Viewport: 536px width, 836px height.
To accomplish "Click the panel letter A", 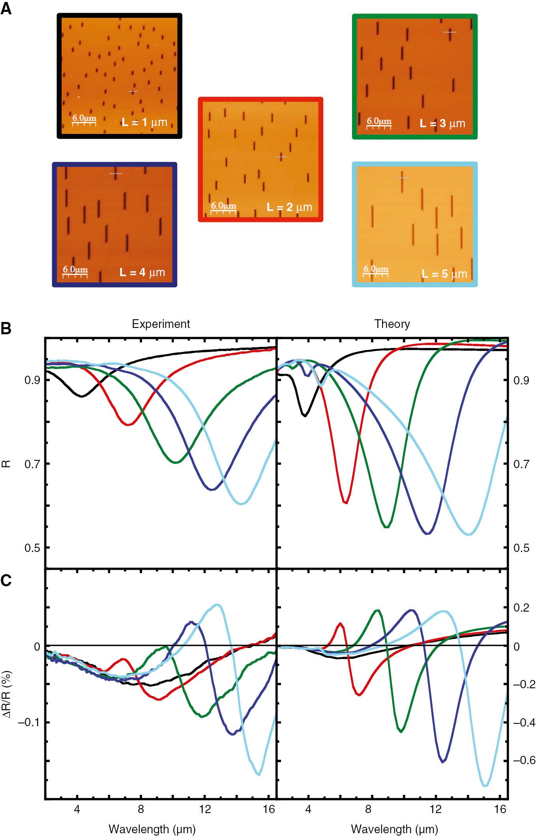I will coord(6,8).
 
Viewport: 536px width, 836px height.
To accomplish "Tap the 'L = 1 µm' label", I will coord(144,122).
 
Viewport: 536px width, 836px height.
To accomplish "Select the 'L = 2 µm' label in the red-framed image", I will coord(289,207).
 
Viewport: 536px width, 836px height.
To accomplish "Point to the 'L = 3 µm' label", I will coord(442,124).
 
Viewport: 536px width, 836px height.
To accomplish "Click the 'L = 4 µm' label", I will coord(142,272).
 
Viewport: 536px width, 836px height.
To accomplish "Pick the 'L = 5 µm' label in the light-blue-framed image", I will coord(444,274).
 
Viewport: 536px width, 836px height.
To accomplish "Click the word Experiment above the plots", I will coord(161,324).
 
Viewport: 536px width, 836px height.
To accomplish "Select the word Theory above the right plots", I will coord(392,324).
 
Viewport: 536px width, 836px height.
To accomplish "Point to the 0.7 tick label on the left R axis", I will coord(32,464).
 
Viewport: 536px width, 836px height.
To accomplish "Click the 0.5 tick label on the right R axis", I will coord(521,548).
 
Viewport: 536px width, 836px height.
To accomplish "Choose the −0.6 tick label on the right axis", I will coord(524,760).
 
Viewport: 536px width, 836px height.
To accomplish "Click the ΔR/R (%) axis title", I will coord(7,693).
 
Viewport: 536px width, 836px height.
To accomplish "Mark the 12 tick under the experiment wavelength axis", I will coord(204,809).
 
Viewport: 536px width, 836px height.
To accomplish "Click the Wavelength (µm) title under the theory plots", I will coord(394,828).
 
